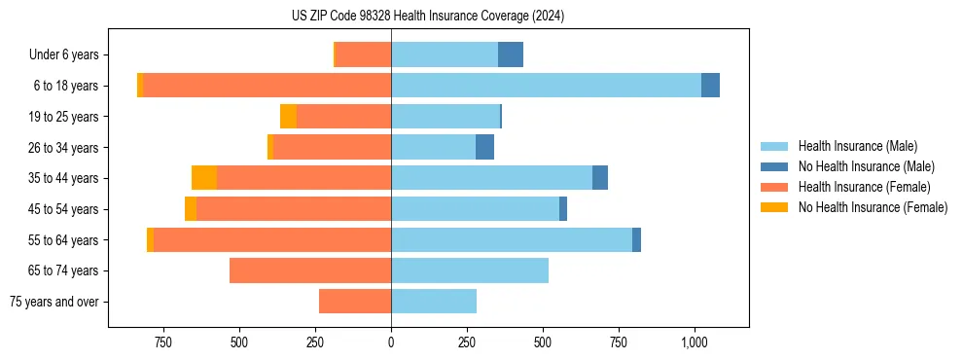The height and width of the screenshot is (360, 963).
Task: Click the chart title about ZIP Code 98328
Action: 428,16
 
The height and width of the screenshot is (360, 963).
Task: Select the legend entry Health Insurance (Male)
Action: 857,146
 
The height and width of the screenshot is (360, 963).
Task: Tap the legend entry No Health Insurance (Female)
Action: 873,207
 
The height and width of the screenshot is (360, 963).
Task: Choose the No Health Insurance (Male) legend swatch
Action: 775,166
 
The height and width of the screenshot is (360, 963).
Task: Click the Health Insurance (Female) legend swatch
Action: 775,187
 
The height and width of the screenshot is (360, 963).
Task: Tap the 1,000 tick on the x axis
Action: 695,342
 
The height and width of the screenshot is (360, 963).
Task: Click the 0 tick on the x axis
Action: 391,342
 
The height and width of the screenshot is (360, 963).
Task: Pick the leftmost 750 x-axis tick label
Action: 163,342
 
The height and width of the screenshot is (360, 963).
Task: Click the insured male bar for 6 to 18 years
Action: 546,86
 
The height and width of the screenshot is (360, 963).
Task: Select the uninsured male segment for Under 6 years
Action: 511,54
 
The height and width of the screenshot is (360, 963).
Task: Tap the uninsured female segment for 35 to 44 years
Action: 204,178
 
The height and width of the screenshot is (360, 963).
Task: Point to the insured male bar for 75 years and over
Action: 434,302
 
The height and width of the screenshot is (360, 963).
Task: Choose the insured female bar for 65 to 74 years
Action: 310,270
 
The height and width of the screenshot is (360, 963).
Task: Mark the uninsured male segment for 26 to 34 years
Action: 484,147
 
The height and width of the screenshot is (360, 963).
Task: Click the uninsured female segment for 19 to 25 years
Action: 288,117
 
